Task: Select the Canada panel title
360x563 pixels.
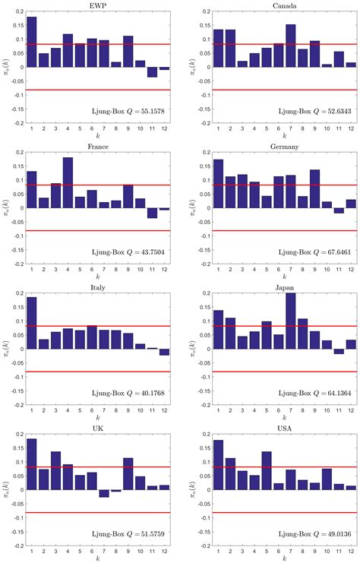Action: click(277, 5)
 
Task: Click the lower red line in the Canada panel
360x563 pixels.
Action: click(277, 90)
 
